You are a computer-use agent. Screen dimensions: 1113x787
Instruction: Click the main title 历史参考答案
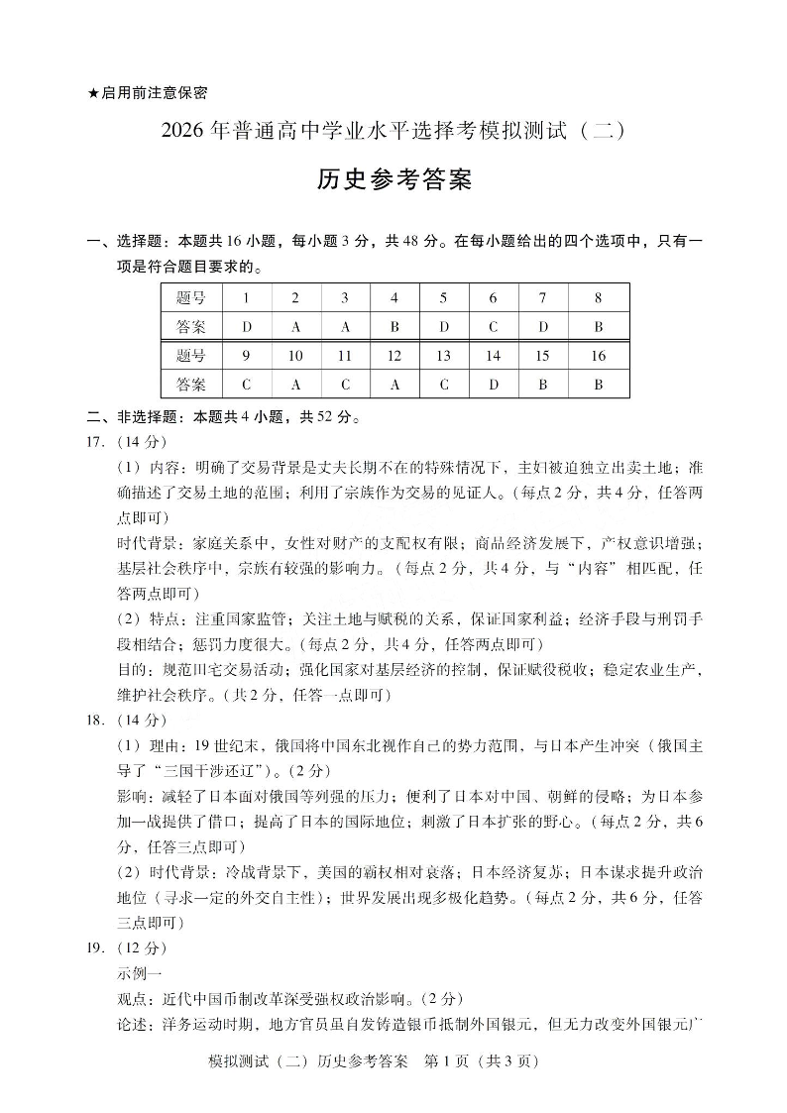pos(393,180)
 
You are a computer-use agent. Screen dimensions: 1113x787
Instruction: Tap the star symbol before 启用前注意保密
pos(93,93)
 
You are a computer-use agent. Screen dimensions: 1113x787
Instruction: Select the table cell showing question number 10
pos(295,356)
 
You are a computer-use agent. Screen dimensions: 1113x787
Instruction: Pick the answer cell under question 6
pos(493,326)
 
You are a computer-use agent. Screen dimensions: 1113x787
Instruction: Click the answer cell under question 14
pos(493,385)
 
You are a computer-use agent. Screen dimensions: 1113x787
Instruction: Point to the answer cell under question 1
pos(245,326)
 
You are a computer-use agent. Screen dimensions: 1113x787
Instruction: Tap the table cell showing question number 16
pos(598,356)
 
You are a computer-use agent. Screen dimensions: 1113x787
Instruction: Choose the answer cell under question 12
pos(394,385)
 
